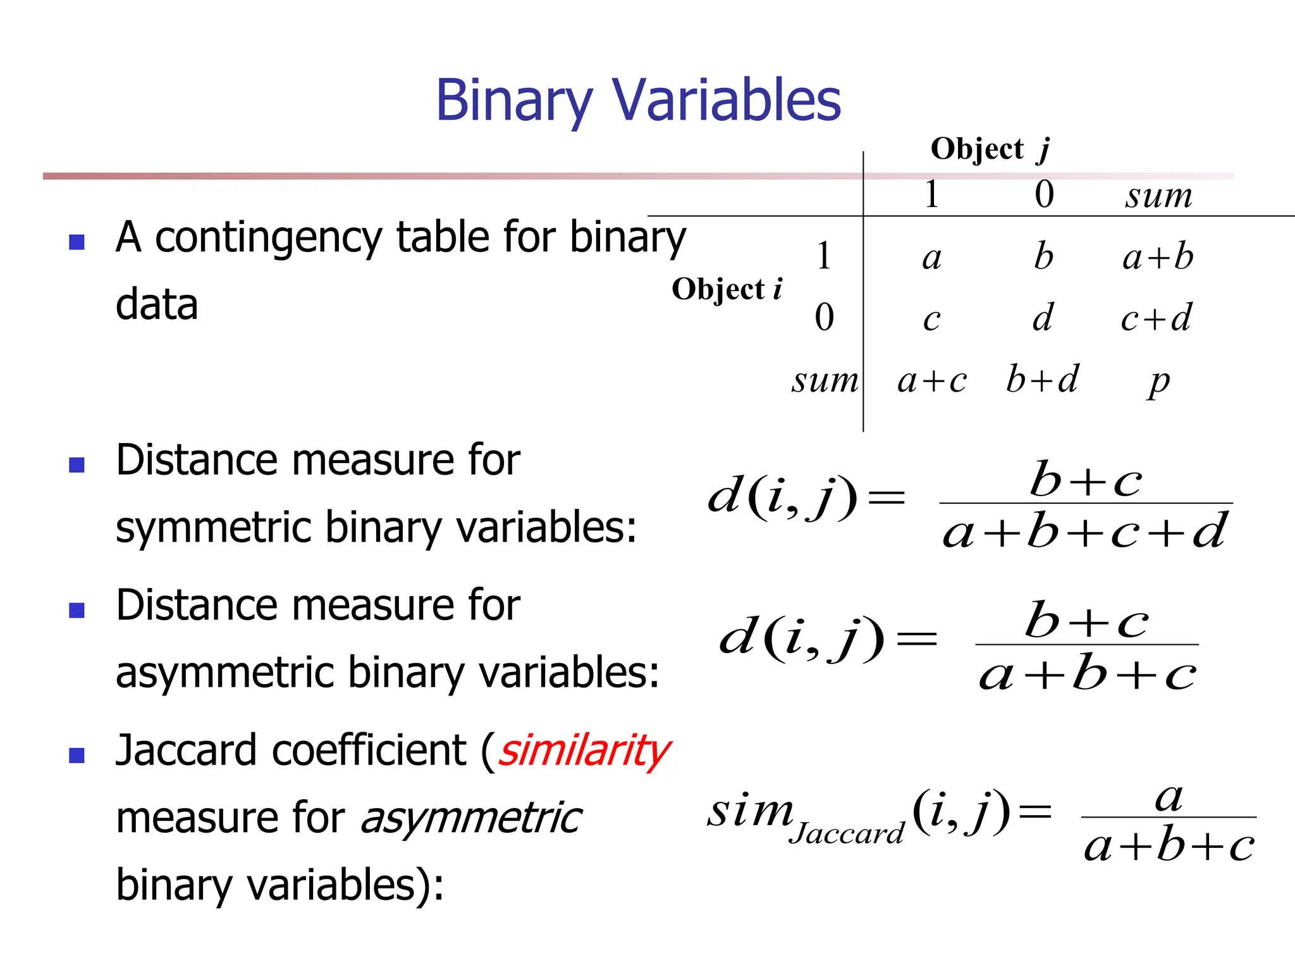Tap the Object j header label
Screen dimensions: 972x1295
click(x=990, y=150)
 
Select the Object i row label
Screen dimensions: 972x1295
click(x=727, y=289)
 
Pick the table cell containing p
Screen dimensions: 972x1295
click(x=1159, y=381)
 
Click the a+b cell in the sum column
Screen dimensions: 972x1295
click(x=1158, y=258)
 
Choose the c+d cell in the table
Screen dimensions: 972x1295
click(x=1157, y=318)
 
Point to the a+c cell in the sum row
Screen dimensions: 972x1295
click(x=932, y=380)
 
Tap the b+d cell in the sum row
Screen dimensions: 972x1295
click(x=1042, y=380)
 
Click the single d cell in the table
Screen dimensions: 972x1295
click(x=1043, y=318)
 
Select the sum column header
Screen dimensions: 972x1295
click(x=1158, y=196)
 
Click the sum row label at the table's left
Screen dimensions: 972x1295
click(x=825, y=380)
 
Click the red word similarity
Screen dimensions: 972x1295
click(x=584, y=751)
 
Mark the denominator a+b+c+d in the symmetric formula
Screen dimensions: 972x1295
click(x=1085, y=532)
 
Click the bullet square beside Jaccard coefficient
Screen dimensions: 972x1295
click(x=77, y=755)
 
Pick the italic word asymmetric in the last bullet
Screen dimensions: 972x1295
click(x=471, y=818)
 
